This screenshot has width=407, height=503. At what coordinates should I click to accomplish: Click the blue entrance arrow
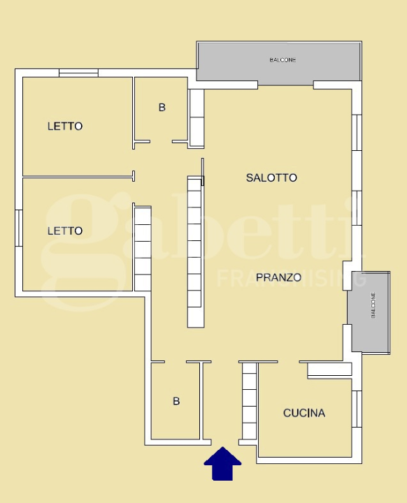[222, 465]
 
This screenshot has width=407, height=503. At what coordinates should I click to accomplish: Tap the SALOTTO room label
[271, 178]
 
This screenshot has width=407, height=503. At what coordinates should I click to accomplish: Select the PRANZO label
[278, 277]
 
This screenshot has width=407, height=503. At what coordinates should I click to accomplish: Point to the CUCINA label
[304, 413]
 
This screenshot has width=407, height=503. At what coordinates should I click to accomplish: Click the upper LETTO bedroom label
[65, 126]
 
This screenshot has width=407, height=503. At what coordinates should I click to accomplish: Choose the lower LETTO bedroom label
[65, 231]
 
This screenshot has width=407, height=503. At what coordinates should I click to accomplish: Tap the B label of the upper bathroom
[162, 108]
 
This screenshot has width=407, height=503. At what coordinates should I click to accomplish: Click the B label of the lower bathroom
[176, 402]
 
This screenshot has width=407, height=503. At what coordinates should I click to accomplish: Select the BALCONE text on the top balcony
[283, 60]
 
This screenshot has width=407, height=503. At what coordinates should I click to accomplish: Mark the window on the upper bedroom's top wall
[78, 72]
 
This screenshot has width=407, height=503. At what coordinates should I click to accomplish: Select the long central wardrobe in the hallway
[195, 251]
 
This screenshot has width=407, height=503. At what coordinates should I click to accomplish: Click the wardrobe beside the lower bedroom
[143, 249]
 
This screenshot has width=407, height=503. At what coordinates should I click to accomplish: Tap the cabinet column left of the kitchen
[249, 401]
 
